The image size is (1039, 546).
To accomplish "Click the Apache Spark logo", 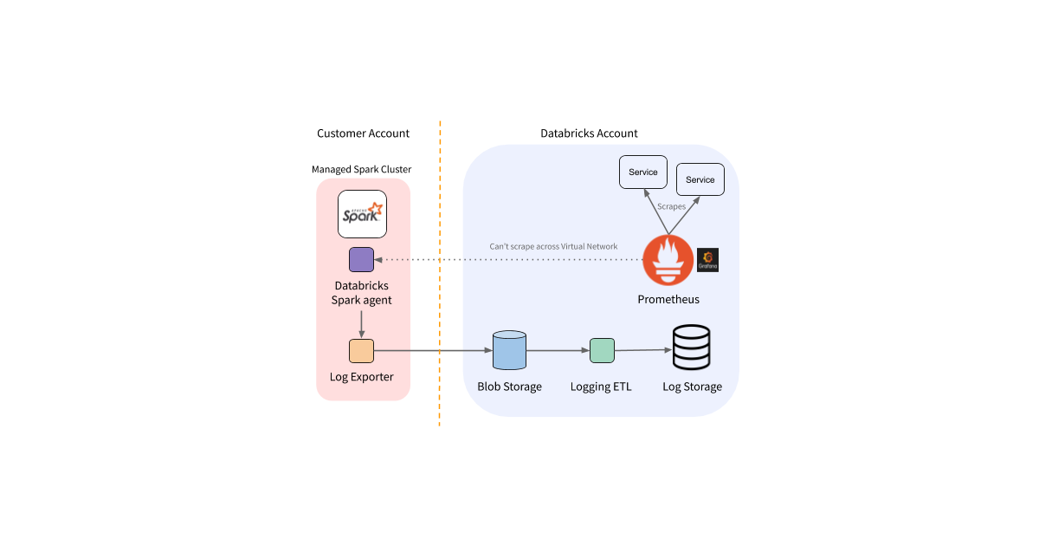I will coord(361,213).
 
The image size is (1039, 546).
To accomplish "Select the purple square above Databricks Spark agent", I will coord(361,259).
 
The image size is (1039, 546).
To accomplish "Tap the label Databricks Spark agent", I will coord(362,293).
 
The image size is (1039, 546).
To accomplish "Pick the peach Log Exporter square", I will coord(361,351).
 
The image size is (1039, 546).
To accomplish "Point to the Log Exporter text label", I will coord(362,377).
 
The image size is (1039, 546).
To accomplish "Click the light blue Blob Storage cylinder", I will coord(509,351).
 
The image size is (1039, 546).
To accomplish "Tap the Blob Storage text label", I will coord(509,387).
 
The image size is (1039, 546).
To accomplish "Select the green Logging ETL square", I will coord(602,351).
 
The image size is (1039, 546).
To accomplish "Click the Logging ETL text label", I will coord(601,387).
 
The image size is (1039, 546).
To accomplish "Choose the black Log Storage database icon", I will coord(692,348).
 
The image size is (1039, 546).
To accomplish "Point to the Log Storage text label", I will coord(692,387).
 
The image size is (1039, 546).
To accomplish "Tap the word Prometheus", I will coord(668,299).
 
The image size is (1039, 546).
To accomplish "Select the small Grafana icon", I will coord(708,260).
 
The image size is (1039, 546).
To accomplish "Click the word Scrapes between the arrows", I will coord(672,207).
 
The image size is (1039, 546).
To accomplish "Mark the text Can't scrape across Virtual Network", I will coord(554,247).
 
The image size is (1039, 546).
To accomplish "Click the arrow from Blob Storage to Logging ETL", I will coord(558,351).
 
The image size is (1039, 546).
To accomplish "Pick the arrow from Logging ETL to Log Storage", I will coord(643,351).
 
